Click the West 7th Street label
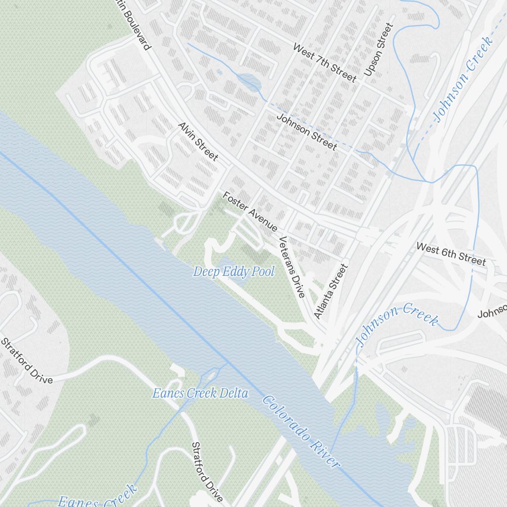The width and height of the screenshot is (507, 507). pos(324,62)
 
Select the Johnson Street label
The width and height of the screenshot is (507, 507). pos(306,131)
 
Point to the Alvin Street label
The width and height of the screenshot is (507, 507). pos(198,141)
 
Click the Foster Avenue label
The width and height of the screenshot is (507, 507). pos(249,211)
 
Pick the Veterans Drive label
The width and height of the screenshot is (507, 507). pos(292,267)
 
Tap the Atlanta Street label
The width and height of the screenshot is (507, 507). pos(331,291)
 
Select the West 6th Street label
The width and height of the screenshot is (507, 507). pos(451,253)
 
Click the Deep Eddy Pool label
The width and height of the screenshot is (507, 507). pos(233,272)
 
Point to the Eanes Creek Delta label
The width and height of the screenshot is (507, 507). pos(200,393)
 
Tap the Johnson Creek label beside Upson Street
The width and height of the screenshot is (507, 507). pos(463,79)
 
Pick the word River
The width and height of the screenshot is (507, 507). pos(322,451)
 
